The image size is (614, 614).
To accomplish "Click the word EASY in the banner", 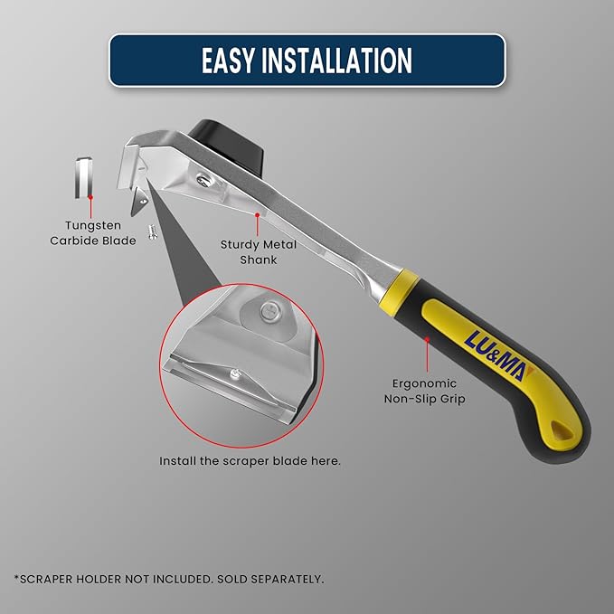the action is tap(227, 61).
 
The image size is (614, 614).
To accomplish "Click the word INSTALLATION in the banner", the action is tap(336, 61).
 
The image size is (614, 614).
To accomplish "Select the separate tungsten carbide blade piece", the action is tap(84, 177).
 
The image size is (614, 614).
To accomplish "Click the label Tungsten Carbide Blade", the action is tap(93, 233).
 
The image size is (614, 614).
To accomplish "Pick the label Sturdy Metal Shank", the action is tap(259, 251).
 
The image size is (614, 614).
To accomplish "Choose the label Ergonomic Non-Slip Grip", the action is tap(424, 391).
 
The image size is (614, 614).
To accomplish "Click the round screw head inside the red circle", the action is tap(269, 311).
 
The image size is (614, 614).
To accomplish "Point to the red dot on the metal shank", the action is tap(258, 215).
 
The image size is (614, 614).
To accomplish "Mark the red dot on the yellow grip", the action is tap(427, 339).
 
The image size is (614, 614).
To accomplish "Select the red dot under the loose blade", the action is tap(90, 197).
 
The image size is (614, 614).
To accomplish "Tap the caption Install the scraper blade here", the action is tap(250, 461).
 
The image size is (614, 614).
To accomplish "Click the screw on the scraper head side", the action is tap(204, 180).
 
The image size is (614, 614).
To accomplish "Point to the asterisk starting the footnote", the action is tap(17, 577).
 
